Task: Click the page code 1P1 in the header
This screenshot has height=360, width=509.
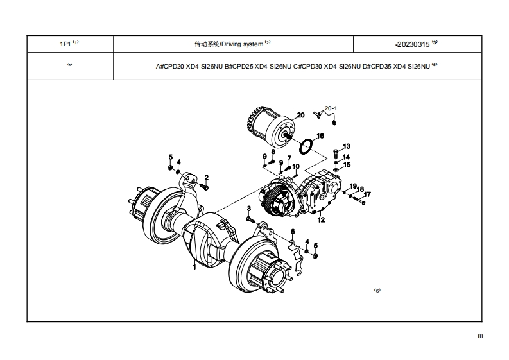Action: click(65, 44)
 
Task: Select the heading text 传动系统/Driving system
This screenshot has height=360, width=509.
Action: click(229, 44)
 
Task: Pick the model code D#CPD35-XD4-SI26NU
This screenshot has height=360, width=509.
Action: click(396, 66)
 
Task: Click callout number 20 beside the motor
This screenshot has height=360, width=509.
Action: click(300, 115)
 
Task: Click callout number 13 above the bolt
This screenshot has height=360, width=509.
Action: click(347, 146)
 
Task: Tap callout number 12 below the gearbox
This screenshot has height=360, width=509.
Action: click(321, 220)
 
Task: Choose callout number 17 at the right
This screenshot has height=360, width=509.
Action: click(368, 194)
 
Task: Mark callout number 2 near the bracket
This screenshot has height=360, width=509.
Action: click(206, 177)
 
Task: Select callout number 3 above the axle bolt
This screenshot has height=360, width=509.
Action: click(249, 209)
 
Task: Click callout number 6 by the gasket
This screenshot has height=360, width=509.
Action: click(292, 232)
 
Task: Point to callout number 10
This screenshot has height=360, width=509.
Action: click(296, 166)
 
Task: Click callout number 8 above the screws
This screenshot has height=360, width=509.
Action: click(273, 152)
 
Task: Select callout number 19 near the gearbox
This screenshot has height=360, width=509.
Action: click(353, 186)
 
